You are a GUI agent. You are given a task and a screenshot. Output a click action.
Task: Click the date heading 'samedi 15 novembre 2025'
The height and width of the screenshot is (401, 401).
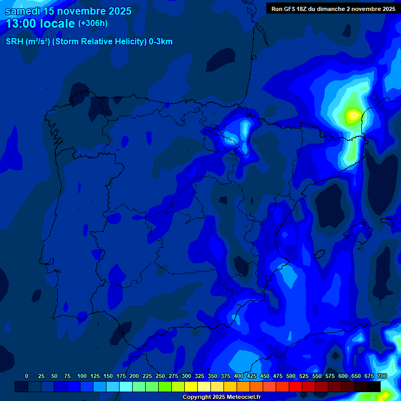68,11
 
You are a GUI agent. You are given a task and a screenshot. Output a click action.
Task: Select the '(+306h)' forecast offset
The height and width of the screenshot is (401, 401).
93,23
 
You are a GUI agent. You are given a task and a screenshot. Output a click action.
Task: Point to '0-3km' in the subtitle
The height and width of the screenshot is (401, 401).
161,42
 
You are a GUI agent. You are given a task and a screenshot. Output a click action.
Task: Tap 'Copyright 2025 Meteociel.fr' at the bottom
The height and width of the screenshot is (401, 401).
221,397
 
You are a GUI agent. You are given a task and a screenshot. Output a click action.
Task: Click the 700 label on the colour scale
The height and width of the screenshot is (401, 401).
382,376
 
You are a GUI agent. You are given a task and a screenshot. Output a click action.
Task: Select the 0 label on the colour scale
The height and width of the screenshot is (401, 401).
27,376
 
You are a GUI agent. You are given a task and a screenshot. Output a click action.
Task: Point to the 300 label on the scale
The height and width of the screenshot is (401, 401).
186,376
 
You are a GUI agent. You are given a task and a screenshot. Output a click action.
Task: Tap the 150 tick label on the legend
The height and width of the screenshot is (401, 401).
108,376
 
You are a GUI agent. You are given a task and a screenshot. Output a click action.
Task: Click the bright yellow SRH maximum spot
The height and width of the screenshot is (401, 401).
353,114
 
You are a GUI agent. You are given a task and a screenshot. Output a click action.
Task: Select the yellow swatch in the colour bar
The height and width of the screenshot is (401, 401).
191,386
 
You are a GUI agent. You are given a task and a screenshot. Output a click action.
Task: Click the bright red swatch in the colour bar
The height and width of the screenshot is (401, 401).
296,386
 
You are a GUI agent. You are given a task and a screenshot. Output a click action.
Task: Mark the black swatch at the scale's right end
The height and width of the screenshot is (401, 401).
374,386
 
